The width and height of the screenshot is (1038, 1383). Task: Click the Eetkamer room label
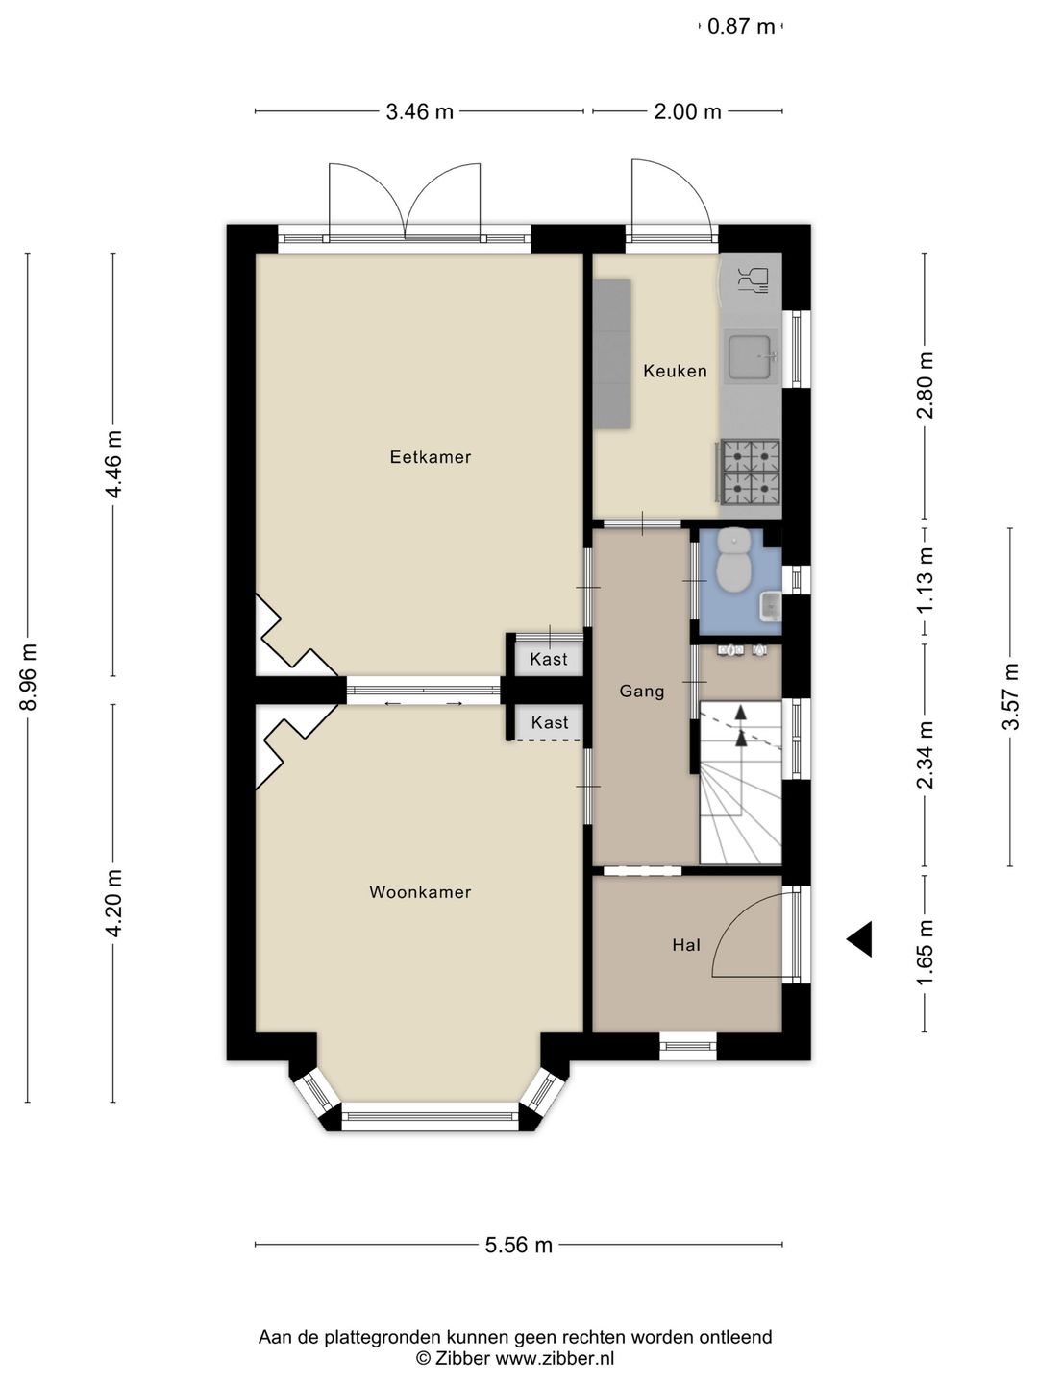click(x=430, y=457)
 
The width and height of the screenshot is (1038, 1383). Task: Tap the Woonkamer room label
click(x=420, y=892)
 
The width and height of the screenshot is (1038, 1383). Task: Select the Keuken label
click(x=675, y=371)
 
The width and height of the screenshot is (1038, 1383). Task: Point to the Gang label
click(x=642, y=691)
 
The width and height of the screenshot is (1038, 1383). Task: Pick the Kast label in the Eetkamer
click(x=548, y=659)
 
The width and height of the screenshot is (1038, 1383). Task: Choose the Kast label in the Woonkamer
click(x=550, y=722)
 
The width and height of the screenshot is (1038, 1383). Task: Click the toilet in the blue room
click(x=733, y=561)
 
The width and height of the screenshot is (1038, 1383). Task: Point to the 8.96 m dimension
click(x=29, y=677)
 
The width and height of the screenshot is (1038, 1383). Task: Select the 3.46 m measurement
click(x=419, y=111)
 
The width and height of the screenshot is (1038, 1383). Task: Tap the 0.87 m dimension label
click(x=741, y=27)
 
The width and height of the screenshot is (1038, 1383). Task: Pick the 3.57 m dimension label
click(x=1010, y=696)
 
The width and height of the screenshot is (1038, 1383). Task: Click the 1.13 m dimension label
click(x=926, y=580)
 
